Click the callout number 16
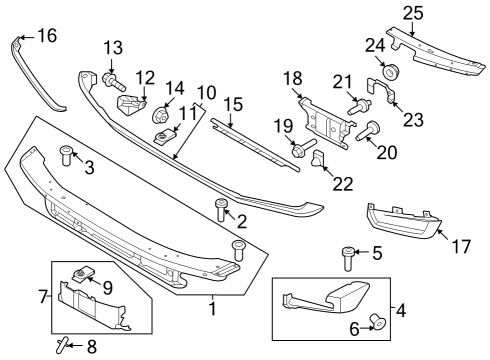tap(46, 36)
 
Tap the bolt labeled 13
tap(110, 76)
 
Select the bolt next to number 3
tap(68, 154)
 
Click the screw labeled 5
tap(348, 257)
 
